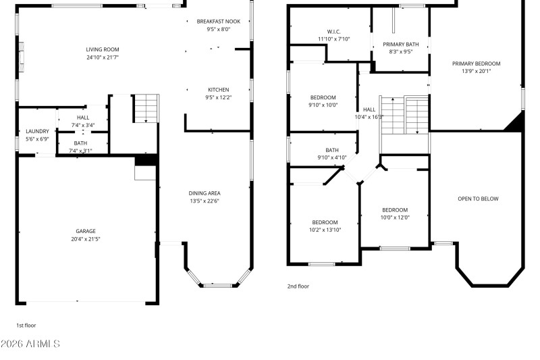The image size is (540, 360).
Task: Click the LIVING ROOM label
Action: tap(102, 49)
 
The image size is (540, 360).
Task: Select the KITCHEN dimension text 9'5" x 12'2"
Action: tap(218, 97)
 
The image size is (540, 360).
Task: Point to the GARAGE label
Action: tap(85, 231)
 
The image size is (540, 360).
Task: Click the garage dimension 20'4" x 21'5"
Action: tap(85, 239)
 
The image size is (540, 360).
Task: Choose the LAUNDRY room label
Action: tap(36, 131)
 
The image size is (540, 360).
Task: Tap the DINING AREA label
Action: tap(204, 193)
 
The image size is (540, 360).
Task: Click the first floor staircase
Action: tap(145, 109)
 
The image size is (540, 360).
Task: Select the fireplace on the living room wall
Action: tap(22, 57)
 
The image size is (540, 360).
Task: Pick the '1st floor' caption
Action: tap(26, 325)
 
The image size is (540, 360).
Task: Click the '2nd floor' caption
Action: tap(298, 286)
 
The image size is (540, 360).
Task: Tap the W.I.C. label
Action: tap(333, 32)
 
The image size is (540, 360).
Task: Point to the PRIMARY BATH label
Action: tap(401, 44)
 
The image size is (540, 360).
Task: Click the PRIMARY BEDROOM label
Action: tap(476, 63)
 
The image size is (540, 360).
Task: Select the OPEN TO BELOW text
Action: tap(478, 199)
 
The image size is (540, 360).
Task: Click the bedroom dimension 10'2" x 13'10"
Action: tap(325, 230)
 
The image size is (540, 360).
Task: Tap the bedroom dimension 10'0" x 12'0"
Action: tap(395, 217)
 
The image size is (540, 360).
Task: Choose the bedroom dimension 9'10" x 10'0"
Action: tap(323, 105)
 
